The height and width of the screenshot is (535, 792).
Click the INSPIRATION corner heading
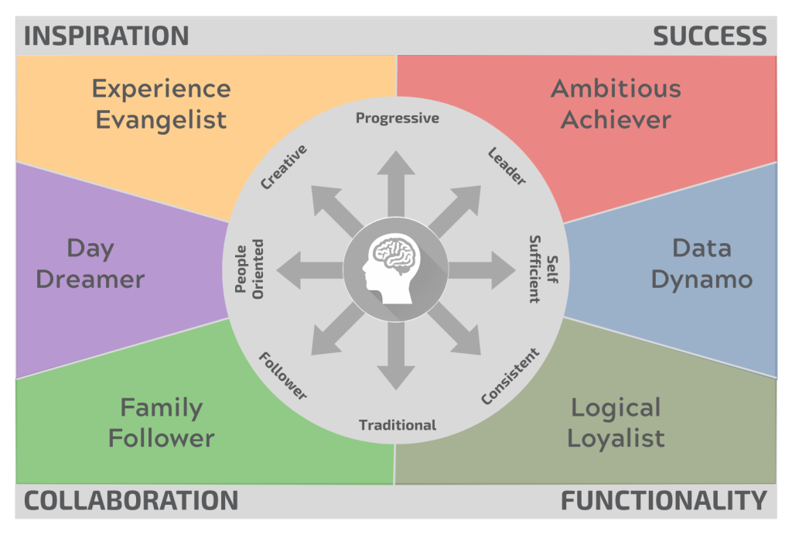click(x=107, y=36)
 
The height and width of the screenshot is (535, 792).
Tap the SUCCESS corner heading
click(x=710, y=36)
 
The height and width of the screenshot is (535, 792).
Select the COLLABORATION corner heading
click(x=131, y=500)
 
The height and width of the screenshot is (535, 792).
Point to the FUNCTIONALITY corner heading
click(x=664, y=500)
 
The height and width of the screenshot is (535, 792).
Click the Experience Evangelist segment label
click(x=161, y=104)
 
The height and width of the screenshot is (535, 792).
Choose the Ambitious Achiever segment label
click(x=616, y=104)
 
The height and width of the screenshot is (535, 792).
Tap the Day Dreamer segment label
click(x=90, y=263)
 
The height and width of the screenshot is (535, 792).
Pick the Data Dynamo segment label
click(x=702, y=263)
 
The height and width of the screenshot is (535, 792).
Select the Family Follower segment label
click(x=161, y=423)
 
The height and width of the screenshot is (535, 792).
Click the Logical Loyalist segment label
click(x=616, y=423)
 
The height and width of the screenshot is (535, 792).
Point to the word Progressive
click(x=398, y=118)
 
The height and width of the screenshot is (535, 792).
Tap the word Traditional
click(x=398, y=425)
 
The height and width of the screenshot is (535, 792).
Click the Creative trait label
click(x=284, y=166)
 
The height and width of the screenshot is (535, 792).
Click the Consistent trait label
click(x=510, y=376)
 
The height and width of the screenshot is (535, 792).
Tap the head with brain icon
click(x=395, y=267)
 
